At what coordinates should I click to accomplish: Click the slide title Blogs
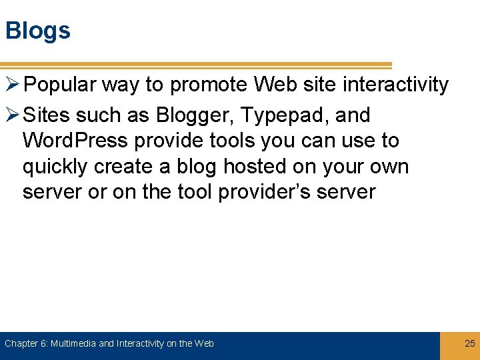(x=37, y=31)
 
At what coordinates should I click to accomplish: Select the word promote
(x=209, y=85)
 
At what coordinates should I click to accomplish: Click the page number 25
(x=470, y=343)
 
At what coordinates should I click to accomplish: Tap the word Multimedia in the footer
(x=73, y=344)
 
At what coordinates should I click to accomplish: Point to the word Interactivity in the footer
(x=140, y=344)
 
